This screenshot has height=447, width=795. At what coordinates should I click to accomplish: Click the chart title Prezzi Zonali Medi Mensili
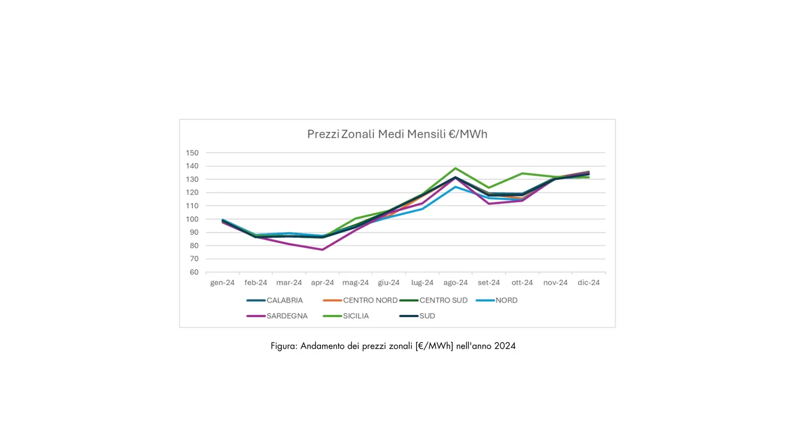(x=397, y=135)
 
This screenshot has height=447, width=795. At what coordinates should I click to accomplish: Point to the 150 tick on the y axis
(x=192, y=153)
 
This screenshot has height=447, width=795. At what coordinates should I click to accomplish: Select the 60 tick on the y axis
(x=194, y=272)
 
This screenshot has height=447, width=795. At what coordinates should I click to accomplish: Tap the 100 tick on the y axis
(x=192, y=219)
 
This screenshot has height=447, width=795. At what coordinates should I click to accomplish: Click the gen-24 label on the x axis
(x=222, y=283)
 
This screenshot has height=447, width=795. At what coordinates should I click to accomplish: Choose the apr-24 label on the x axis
(x=322, y=283)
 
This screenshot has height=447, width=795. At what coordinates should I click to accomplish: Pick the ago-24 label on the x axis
(x=455, y=283)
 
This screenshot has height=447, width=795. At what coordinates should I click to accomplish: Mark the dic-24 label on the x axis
(x=588, y=283)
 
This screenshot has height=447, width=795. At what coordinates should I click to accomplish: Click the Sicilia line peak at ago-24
(x=455, y=168)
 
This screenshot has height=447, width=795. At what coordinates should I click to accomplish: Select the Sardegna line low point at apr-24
(x=322, y=250)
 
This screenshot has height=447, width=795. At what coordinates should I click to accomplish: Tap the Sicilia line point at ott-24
(x=522, y=173)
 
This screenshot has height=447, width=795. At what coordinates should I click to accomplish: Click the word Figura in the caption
(x=284, y=346)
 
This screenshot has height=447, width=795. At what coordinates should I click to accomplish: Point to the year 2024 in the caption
(x=505, y=346)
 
